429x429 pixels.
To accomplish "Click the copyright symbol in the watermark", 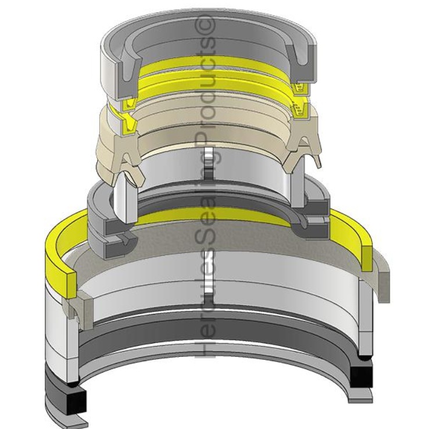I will point(208,24).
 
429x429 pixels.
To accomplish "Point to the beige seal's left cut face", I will point(129,145).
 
